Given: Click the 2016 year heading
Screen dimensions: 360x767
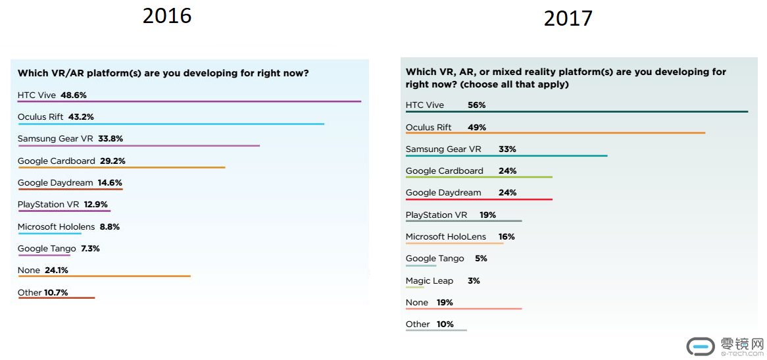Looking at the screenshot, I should pos(167,15).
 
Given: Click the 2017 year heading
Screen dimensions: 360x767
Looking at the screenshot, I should pos(568,18).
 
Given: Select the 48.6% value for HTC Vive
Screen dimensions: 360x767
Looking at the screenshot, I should pos(74,95).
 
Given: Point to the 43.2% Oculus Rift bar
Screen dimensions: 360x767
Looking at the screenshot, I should pos(171,124).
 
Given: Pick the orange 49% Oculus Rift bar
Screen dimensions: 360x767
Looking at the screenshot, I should pos(555,134).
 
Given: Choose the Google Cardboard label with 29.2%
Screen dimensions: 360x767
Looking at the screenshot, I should pos(55,161).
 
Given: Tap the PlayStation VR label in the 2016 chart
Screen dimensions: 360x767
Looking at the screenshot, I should pos(48,205).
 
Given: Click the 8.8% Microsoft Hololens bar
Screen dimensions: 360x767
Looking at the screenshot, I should pos(50,233).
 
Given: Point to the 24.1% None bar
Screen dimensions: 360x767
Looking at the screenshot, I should pos(104,276).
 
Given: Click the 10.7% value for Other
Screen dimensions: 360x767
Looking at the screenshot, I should pos(56,292).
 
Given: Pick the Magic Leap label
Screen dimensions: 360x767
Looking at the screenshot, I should pos(430,281).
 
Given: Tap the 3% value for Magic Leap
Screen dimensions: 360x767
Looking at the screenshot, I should pos(474,281).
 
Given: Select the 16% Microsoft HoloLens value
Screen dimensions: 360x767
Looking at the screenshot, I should pos(507,237).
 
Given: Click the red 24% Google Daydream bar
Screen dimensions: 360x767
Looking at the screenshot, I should pos(479,199).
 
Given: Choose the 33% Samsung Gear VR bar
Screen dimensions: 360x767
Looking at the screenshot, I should pos(507,156).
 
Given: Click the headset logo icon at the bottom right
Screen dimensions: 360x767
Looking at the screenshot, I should pos(701,347).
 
